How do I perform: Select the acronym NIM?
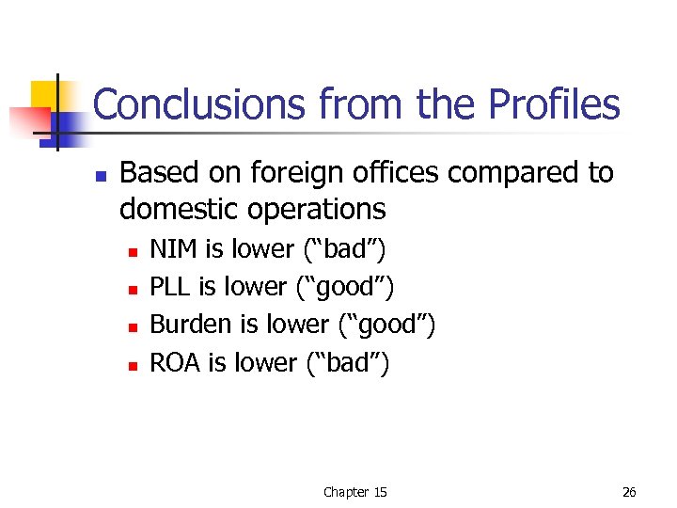[x=175, y=249]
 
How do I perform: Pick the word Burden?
[x=191, y=325]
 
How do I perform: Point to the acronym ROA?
[x=175, y=362]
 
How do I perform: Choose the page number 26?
[x=629, y=492]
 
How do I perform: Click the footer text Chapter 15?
[x=354, y=492]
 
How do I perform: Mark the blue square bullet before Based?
[x=100, y=176]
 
